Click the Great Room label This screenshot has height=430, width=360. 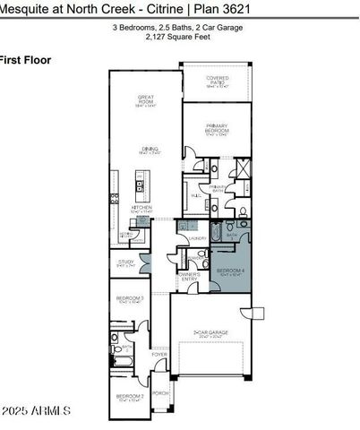(x=145, y=99)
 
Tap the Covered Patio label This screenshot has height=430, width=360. (x=218, y=82)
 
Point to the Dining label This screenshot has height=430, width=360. (x=145, y=150)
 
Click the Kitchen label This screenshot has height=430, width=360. (x=142, y=209)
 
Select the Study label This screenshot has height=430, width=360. (x=125, y=263)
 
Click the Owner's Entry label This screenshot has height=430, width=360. (x=189, y=277)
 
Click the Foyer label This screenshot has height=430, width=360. (x=159, y=355)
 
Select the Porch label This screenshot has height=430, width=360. (x=159, y=392)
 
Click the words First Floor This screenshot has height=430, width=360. (x=25, y=60)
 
